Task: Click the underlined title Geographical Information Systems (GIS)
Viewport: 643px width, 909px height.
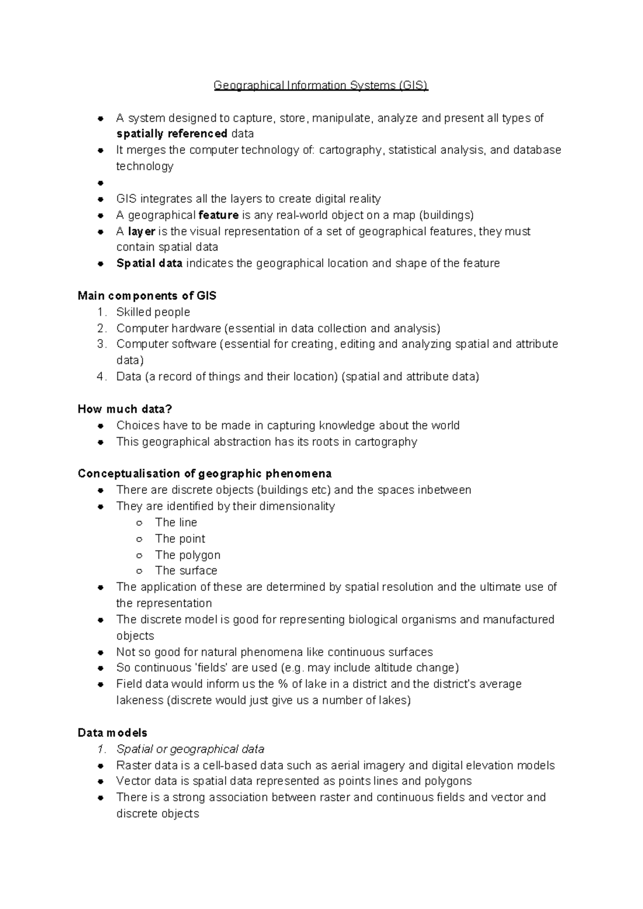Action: pos(320,85)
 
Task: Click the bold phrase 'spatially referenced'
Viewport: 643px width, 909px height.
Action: pos(171,134)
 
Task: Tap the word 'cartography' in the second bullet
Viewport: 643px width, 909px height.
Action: pos(351,150)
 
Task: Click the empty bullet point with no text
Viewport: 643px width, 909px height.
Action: pos(100,183)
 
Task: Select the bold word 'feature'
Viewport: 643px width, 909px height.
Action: pos(218,215)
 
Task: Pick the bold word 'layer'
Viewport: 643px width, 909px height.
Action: pos(141,231)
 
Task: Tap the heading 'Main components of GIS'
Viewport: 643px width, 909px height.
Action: pos(147,296)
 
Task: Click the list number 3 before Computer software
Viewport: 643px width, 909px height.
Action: pos(102,344)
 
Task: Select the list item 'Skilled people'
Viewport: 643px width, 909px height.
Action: pos(153,312)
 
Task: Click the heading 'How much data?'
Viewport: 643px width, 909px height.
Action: pos(125,409)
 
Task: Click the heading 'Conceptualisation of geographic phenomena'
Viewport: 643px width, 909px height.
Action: pos(204,474)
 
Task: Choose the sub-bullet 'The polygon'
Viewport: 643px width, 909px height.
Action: pos(188,555)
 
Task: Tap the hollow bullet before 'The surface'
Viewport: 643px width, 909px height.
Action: pos(139,572)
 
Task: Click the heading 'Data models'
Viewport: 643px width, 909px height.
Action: pos(113,733)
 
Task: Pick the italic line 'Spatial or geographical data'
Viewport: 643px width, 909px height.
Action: pos(190,749)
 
